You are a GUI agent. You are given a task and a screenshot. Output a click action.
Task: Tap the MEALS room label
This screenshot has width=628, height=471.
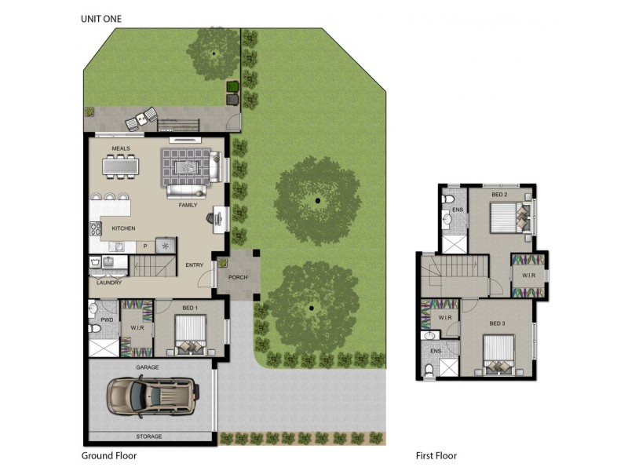click(120, 148)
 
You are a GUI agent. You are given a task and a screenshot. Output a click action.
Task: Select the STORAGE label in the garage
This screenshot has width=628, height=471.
click(149, 436)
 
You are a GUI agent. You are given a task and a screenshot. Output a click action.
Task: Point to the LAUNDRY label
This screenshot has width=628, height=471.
click(108, 283)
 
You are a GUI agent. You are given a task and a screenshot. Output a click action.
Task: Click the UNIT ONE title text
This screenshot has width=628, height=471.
click(101, 18)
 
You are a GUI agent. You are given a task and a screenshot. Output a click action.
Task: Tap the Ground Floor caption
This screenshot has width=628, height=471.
click(110, 455)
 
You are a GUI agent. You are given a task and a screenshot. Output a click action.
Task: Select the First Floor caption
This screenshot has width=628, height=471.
click(436, 455)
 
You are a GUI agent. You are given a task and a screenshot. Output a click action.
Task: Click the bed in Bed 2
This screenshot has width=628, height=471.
click(508, 217)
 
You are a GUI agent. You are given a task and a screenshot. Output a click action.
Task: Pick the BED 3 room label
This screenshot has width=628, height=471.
click(498, 323)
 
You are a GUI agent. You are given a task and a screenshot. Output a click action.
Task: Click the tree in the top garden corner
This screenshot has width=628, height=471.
click(214, 52)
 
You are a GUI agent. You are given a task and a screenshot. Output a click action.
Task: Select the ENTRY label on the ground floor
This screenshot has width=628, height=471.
click(194, 265)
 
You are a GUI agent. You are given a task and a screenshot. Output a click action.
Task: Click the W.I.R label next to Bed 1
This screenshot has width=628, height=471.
click(135, 327)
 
